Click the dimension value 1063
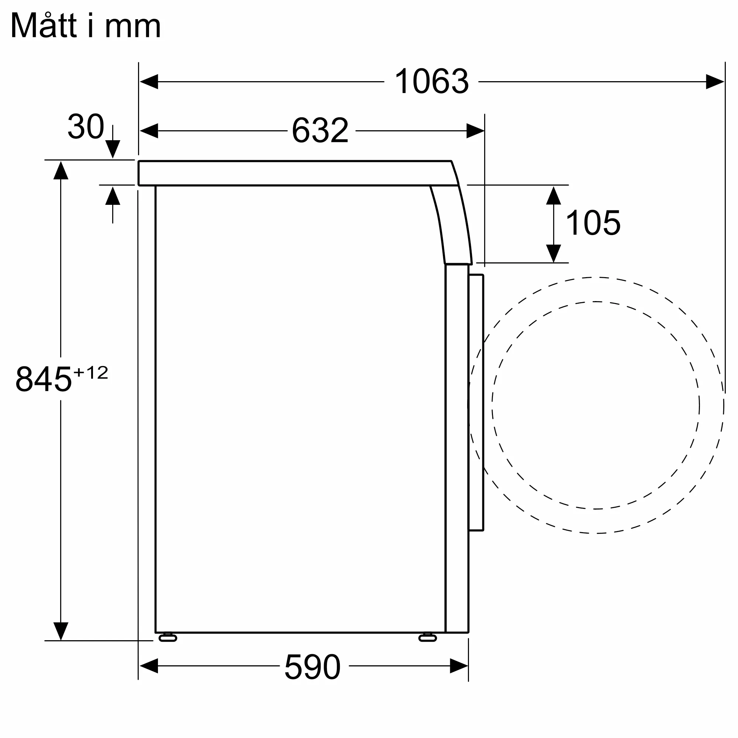tap(431, 81)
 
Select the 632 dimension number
tap(320, 131)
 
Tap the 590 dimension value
tap(313, 666)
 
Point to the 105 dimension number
tap(593, 223)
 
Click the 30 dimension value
tap(86, 127)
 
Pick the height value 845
tap(44, 379)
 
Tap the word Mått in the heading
tap(44, 25)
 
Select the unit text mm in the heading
tap(132, 28)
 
